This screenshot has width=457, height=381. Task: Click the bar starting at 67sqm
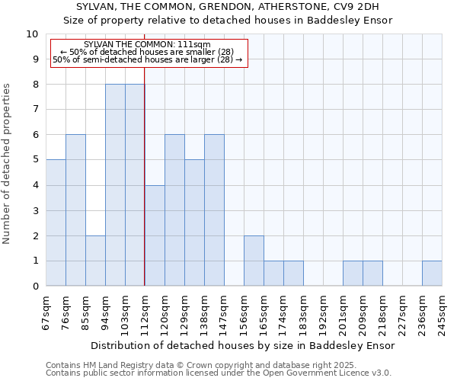[56, 223]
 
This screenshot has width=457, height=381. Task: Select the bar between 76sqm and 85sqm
[75, 210]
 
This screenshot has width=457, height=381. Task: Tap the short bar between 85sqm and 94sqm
[95, 261]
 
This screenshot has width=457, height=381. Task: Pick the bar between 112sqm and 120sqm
[155, 235]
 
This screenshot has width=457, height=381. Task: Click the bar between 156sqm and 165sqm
[254, 261]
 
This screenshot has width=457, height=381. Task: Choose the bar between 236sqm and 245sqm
[432, 273]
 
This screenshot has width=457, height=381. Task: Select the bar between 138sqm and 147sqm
[214, 210]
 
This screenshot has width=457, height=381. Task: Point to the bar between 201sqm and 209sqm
[353, 273]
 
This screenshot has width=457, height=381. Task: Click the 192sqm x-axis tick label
[323, 311]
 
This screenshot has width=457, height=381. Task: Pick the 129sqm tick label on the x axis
[184, 311]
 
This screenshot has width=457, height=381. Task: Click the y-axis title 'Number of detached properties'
[8, 164]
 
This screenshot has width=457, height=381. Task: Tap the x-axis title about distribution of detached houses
[242, 345]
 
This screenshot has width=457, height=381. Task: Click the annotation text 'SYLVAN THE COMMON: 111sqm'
[148, 45]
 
